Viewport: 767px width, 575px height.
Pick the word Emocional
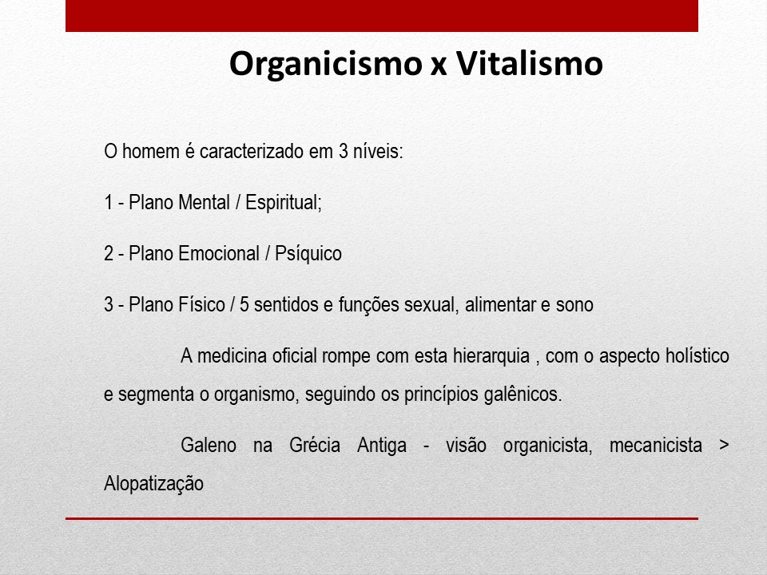point(217,254)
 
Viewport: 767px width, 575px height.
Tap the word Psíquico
point(308,254)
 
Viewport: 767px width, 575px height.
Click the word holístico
point(697,355)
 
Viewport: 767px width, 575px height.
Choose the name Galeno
point(209,445)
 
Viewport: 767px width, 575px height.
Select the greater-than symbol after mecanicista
point(724,446)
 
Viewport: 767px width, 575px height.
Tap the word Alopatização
point(154,484)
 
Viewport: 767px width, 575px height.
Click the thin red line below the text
point(382,518)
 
